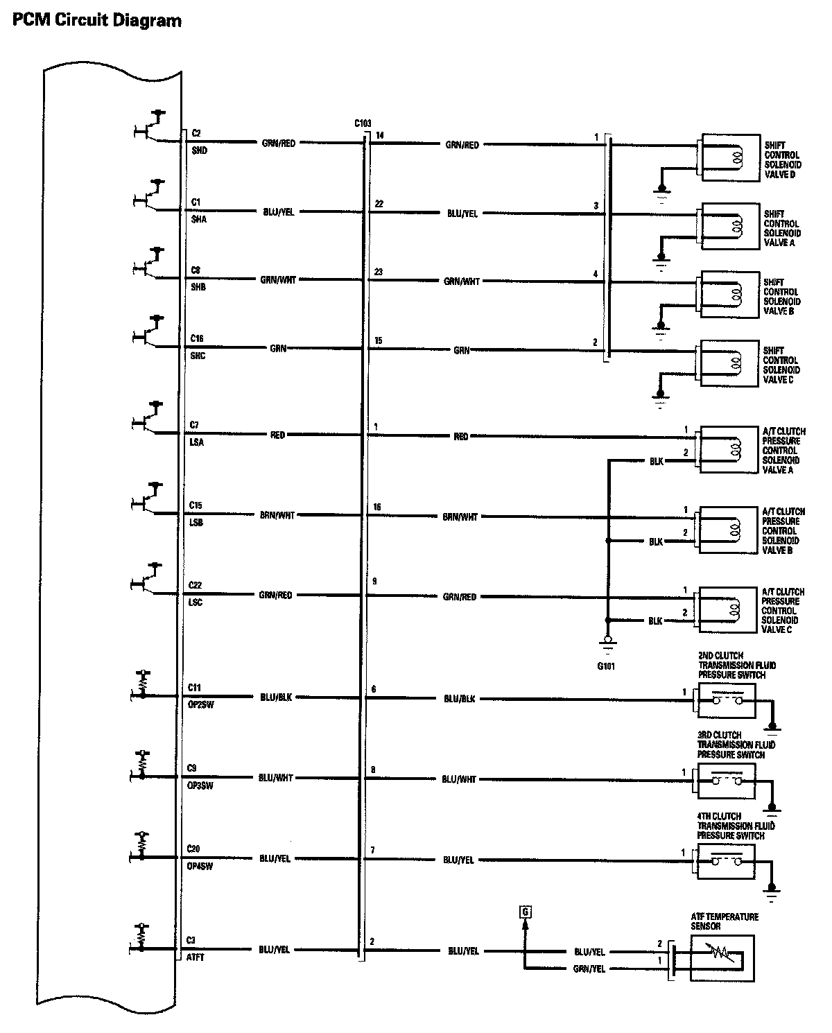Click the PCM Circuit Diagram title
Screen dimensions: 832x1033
[97, 21]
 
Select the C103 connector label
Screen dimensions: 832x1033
[362, 123]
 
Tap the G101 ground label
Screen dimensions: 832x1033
[605, 666]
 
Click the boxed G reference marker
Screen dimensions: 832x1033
[525, 912]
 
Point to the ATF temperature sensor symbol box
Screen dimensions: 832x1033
[721, 959]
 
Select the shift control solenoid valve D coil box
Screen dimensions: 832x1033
[730, 157]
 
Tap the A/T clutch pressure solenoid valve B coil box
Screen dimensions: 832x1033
[729, 530]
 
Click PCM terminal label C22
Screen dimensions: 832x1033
[195, 586]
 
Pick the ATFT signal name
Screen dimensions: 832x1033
[196, 958]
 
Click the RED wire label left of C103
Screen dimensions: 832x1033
[277, 435]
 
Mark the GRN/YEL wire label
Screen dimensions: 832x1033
[590, 969]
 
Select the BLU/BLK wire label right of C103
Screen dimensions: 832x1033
[459, 699]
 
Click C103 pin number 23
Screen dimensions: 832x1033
[378, 272]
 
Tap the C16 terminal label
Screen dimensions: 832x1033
[197, 338]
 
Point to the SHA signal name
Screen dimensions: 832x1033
[198, 219]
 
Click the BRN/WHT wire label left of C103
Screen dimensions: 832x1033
[277, 515]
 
